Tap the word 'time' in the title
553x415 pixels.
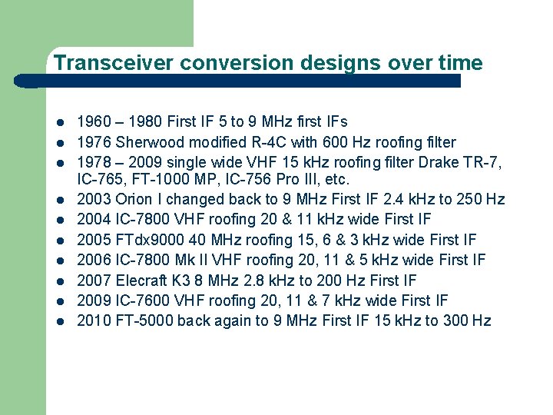coord(459,63)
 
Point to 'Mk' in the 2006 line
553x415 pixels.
coord(192,261)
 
